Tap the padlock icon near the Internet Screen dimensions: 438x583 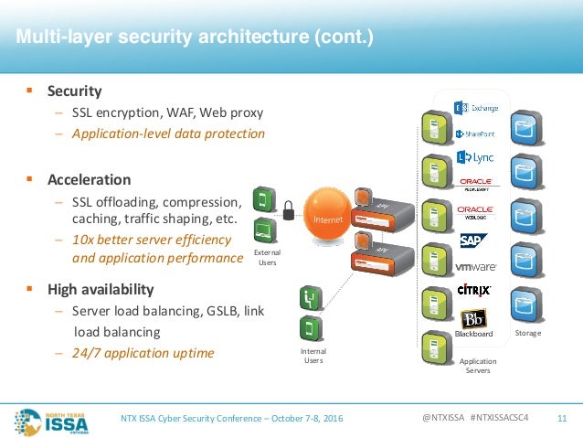pyautogui.click(x=289, y=210)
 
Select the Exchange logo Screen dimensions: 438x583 pyautogui.click(x=477, y=109)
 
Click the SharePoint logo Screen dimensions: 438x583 pyautogui.click(x=475, y=134)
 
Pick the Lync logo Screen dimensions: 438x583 pyautogui.click(x=475, y=157)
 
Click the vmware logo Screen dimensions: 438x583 pyautogui.click(x=475, y=267)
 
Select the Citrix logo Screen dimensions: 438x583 pyautogui.click(x=475, y=290)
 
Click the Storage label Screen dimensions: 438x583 pyautogui.click(x=527, y=333)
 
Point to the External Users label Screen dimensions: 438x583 pyautogui.click(x=266, y=257)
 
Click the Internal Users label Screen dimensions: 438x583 pyautogui.click(x=313, y=356)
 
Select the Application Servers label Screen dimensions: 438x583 pyautogui.click(x=479, y=366)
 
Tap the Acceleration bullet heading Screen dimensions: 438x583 pyautogui.click(x=90, y=179)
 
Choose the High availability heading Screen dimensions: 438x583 pyautogui.click(x=100, y=289)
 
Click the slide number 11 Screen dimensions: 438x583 pyautogui.click(x=562, y=418)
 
